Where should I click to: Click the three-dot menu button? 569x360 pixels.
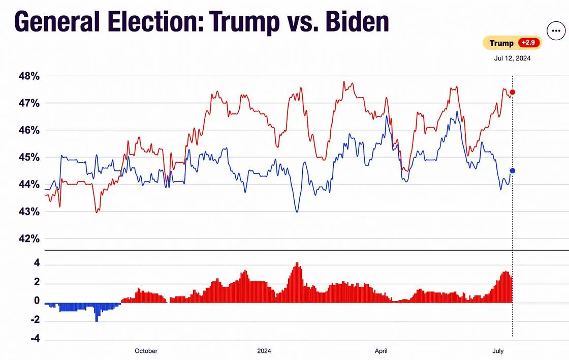[555, 31]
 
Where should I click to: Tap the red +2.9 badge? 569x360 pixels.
[529, 43]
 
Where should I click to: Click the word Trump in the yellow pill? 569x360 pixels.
[501, 43]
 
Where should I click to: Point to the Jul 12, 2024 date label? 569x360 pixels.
[512, 58]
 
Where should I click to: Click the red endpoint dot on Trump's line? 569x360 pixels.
[513, 92]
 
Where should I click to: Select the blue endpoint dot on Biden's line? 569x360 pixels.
[513, 170]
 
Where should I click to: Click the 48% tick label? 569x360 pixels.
[28, 76]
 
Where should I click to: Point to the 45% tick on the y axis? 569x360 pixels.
[28, 157]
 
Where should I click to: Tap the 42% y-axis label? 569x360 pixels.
[28, 238]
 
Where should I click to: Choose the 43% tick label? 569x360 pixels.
[28, 211]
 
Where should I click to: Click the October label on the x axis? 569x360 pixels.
[146, 351]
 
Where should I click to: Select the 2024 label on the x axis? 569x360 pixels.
[264, 351]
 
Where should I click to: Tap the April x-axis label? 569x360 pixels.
[381, 351]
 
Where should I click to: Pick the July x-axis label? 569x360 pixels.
[498, 351]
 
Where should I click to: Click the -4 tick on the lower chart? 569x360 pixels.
[35, 339]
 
